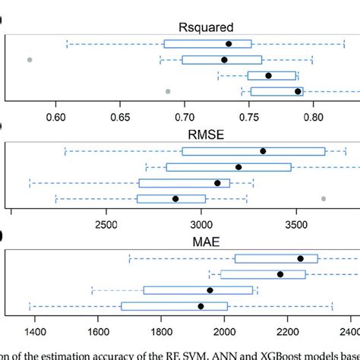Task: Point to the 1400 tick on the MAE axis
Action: pos(33,332)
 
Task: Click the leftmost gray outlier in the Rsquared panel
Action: pos(30,59)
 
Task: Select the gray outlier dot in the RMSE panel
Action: pos(324,198)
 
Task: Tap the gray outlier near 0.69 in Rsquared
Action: pos(168,91)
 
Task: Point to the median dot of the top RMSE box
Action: pos(263,151)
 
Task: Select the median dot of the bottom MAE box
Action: pos(201,306)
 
